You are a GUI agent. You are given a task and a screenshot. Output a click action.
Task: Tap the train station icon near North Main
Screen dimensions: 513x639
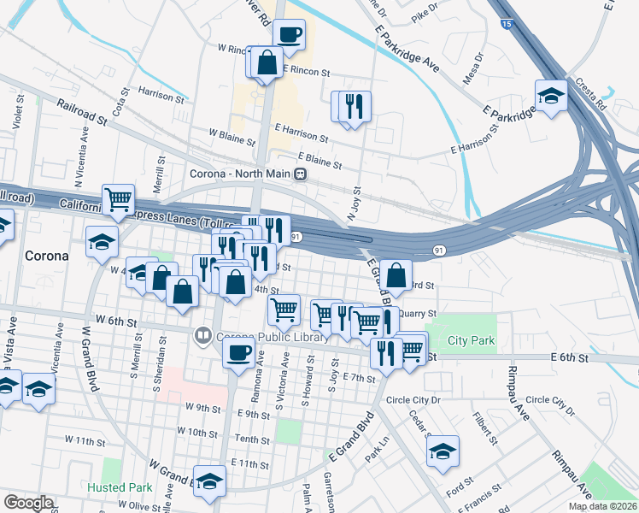click(x=300, y=174)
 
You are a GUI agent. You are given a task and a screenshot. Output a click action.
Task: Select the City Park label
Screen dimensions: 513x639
click(x=471, y=340)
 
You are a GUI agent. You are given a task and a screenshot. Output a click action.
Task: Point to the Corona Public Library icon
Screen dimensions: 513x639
click(x=203, y=335)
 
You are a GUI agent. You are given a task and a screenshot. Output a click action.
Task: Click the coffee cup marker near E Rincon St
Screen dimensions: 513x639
click(x=289, y=35)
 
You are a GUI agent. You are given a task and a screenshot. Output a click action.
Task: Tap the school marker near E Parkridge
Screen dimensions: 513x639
click(x=551, y=96)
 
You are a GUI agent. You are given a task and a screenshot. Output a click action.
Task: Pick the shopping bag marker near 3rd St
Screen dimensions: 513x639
click(x=396, y=275)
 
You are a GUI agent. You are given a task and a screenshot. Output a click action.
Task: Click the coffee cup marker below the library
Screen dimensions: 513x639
click(x=238, y=351)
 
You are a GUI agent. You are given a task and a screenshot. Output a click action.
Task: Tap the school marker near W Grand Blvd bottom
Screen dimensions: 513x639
click(x=209, y=482)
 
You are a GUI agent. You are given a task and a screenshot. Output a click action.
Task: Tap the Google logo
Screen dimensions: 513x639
click(x=27, y=503)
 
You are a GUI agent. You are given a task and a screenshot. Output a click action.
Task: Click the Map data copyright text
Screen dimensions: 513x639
click(x=603, y=506)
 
